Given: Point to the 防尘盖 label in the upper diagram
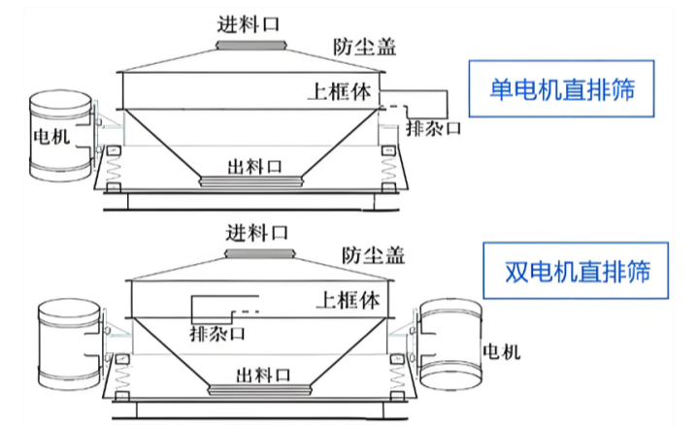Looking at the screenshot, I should click(364, 46).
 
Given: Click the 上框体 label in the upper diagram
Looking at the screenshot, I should click(338, 92).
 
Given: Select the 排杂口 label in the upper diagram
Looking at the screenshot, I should click(432, 128).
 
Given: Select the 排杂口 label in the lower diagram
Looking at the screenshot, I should click(216, 334).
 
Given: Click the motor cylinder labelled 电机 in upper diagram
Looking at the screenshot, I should click(60, 137).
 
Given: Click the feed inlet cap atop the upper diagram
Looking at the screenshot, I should click(250, 45).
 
